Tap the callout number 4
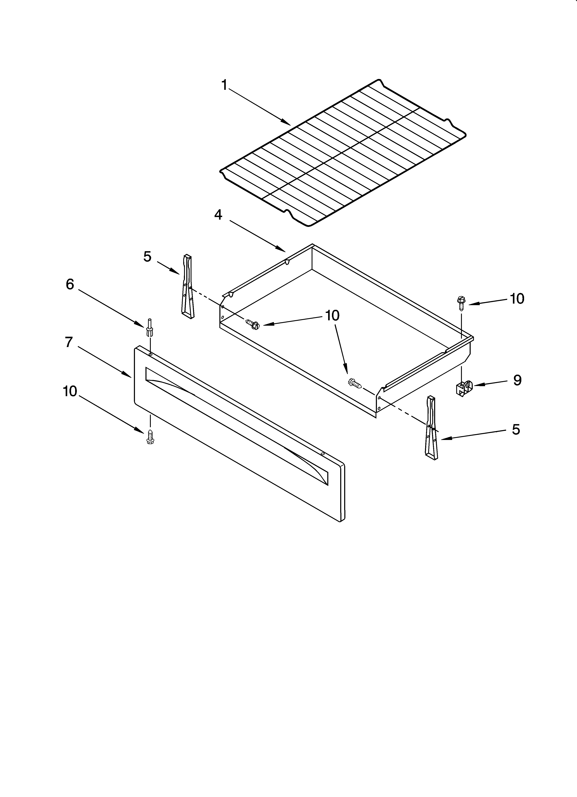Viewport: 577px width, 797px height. tap(218, 215)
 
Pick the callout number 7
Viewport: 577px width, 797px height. tap(69, 342)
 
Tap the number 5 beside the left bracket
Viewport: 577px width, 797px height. tap(147, 257)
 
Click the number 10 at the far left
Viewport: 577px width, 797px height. tap(70, 391)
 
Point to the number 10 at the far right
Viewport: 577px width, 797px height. tap(517, 299)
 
